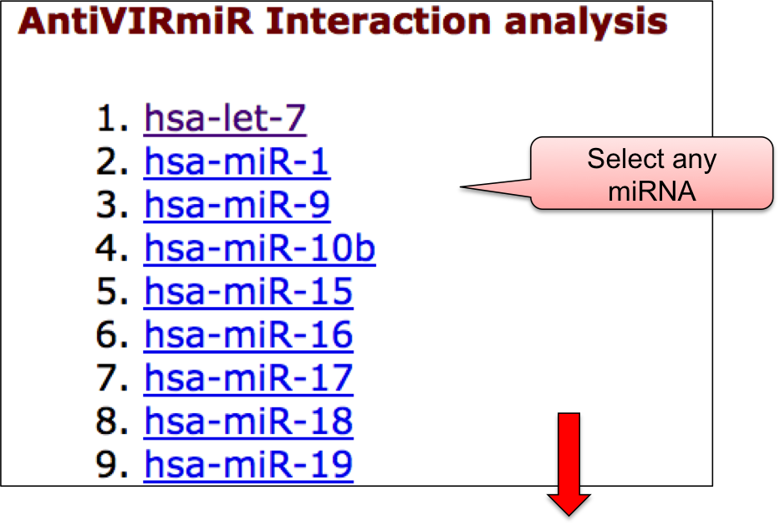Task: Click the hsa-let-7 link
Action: click(x=225, y=119)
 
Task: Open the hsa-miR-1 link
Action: click(x=237, y=161)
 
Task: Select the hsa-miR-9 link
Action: click(x=237, y=205)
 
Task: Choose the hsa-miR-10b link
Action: click(x=260, y=248)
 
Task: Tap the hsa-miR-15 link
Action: click(x=248, y=292)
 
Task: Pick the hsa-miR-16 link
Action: click(x=248, y=334)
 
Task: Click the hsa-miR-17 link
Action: click(x=248, y=378)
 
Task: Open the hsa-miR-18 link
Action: click(x=248, y=421)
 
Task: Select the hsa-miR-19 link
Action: click(x=248, y=465)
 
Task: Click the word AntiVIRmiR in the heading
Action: click(x=135, y=22)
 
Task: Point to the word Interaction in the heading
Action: click(x=379, y=22)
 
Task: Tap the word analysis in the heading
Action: click(x=585, y=23)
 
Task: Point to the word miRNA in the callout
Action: click(x=651, y=192)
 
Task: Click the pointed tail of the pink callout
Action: click(x=461, y=187)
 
